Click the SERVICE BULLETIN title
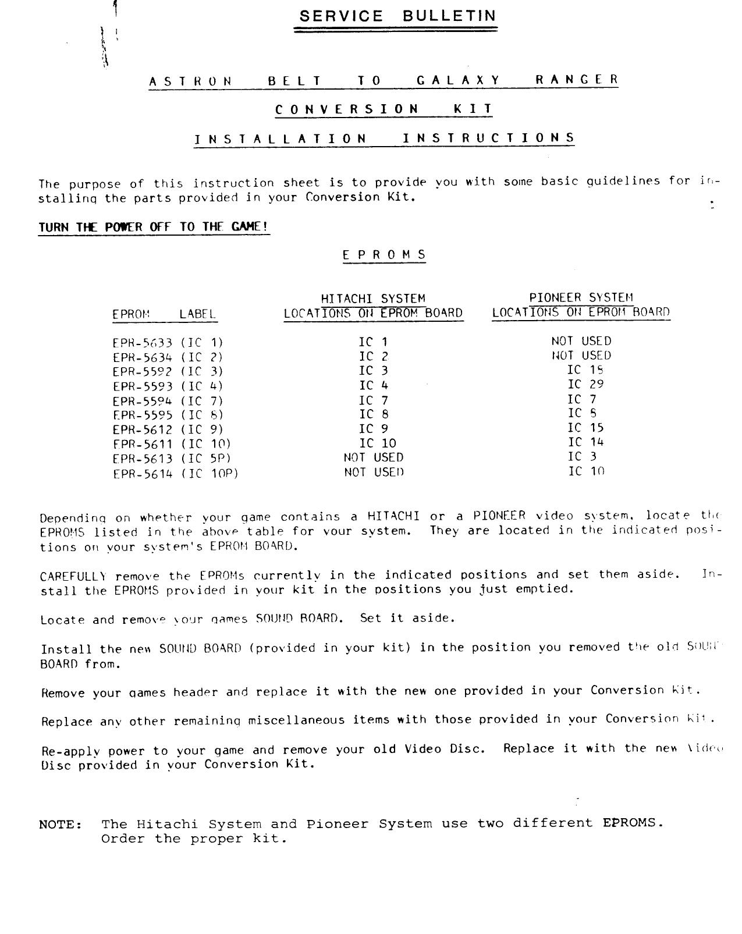tap(398, 16)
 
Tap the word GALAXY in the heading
tap(459, 80)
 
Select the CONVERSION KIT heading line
tap(384, 109)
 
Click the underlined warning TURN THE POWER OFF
tap(154, 227)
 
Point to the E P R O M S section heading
tap(384, 255)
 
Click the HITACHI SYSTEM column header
tap(373, 299)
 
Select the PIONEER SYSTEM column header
tap(581, 298)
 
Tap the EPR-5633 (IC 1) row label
tap(168, 343)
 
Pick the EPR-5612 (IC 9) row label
tap(168, 430)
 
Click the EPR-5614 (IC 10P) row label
tap(175, 474)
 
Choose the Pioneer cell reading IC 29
tap(585, 384)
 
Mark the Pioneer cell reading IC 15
tap(585, 428)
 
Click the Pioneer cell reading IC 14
tap(585, 442)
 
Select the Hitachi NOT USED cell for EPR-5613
tap(373, 458)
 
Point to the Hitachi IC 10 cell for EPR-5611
tap(377, 443)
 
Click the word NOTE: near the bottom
tap(61, 825)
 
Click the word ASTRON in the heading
tap(191, 81)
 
